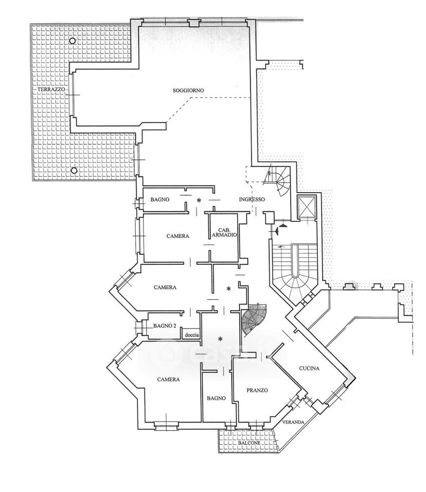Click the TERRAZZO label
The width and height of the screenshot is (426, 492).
click(x=51, y=90)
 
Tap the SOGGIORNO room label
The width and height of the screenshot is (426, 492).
click(x=188, y=90)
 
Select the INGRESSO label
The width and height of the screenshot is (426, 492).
click(x=252, y=199)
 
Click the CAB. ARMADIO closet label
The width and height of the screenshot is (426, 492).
click(x=224, y=232)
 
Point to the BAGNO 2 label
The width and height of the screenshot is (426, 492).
click(x=165, y=326)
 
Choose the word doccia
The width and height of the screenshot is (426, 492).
click(x=191, y=335)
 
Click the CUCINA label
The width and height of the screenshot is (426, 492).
click(x=309, y=368)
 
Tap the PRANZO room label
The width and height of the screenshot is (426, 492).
click(x=257, y=391)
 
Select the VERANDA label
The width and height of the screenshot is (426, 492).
click(x=293, y=422)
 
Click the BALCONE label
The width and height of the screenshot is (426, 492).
click(x=249, y=443)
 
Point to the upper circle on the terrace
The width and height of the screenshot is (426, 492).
click(x=73, y=41)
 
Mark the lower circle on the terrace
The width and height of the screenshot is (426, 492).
click(x=74, y=171)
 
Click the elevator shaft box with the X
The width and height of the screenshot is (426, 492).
click(x=307, y=207)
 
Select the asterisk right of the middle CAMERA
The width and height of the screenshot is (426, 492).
click(x=228, y=288)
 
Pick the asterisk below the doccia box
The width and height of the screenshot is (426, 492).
click(x=220, y=339)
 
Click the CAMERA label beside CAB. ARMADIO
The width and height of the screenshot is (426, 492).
click(x=177, y=236)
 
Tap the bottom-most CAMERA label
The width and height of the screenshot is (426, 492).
click(x=168, y=379)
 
